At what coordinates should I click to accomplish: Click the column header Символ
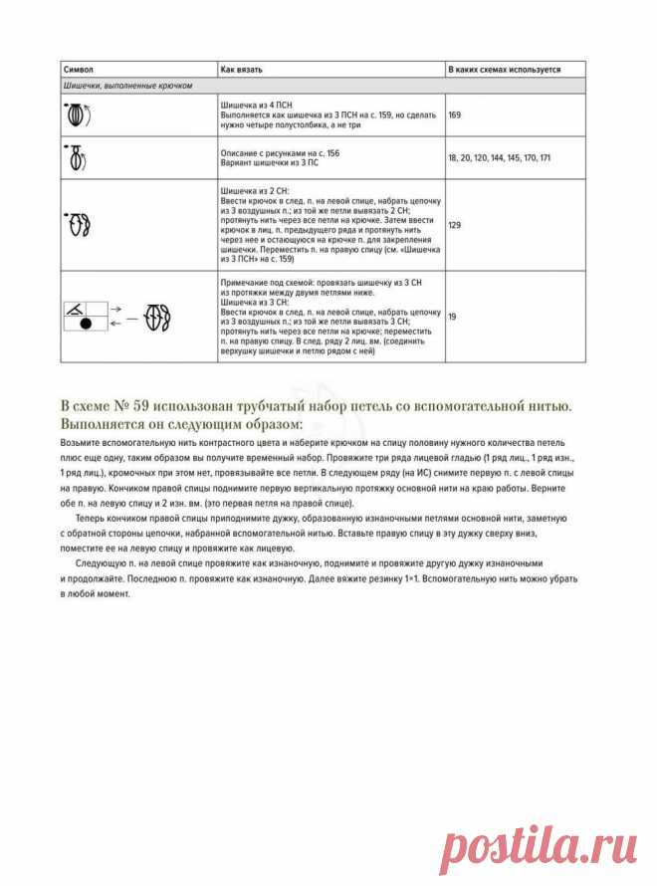coord(79,70)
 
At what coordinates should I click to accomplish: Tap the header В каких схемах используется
coord(504,70)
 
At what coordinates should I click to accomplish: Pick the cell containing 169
coord(455,115)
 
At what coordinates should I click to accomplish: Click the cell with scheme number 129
coord(455,225)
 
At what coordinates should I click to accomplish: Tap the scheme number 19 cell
coord(453,316)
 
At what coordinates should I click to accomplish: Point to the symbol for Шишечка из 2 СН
coord(79,225)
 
